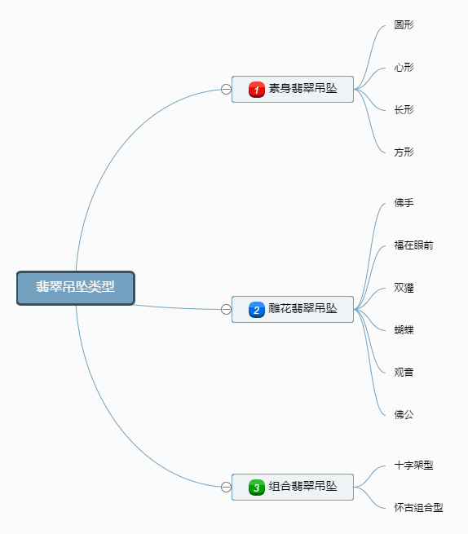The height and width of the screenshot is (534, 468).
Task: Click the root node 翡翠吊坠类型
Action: [x=76, y=288]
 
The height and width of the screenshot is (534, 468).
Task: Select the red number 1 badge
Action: [x=257, y=90]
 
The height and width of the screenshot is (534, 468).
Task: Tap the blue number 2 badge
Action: [x=257, y=310]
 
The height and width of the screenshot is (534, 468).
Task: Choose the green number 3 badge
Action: [x=257, y=488]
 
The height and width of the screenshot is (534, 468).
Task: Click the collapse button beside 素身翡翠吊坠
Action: [x=226, y=89]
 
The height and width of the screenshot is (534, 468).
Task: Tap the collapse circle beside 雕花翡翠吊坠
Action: [x=226, y=309]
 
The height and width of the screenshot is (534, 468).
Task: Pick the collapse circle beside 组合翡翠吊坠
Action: [x=226, y=487]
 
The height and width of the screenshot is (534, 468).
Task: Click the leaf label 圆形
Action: [x=404, y=24]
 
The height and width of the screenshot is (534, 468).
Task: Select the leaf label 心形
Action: [x=404, y=68]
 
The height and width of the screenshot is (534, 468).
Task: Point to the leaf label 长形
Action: [x=404, y=110]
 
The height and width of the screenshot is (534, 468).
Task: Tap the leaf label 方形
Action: [x=404, y=152]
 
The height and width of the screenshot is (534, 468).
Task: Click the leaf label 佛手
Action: [x=404, y=203]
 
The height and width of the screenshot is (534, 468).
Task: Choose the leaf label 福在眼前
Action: [x=413, y=245]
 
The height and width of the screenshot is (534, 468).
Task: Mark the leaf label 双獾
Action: [x=404, y=288]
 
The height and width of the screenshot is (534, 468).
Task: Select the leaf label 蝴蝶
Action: [x=404, y=330]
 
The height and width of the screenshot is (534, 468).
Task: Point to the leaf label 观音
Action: [x=404, y=373]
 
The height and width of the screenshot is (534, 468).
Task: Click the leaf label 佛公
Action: [x=404, y=414]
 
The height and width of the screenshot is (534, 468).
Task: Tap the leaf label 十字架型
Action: [x=413, y=466]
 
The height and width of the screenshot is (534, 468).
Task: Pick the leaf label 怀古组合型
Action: [x=418, y=508]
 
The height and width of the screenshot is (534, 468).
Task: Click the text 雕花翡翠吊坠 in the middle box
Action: [x=302, y=308]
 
